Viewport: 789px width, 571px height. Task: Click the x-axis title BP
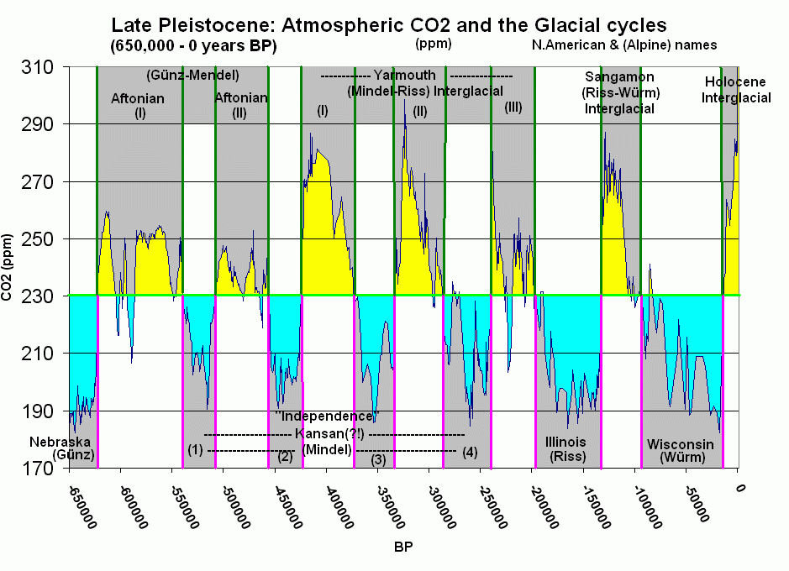402,546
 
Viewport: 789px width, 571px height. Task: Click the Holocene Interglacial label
736,90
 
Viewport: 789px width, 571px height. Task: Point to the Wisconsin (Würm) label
680,451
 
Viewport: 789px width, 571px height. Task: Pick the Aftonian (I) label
138,106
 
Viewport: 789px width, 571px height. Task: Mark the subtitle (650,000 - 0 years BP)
192,45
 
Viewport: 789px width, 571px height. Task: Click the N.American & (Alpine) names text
624,45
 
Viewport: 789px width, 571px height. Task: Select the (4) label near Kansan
470,453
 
